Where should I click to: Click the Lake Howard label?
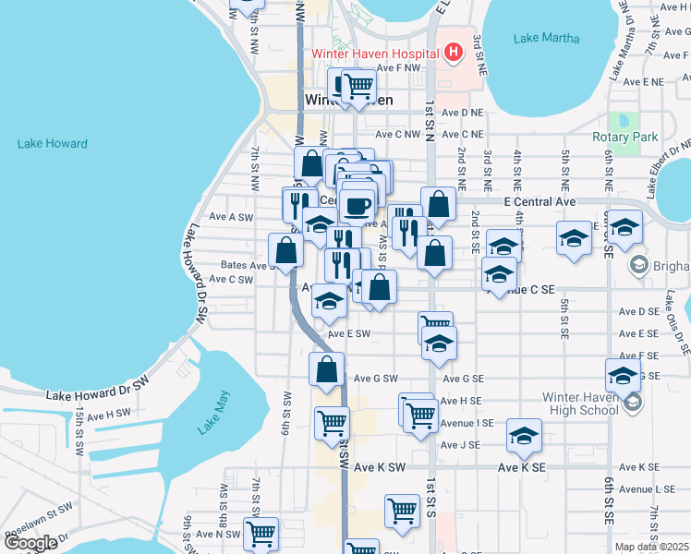click(53, 144)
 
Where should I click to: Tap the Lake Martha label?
click(548, 39)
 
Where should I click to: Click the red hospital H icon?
click(452, 53)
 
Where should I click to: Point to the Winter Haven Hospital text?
click(374, 54)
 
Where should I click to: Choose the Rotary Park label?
click(624, 138)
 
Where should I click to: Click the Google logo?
click(30, 542)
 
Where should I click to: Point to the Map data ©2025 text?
click(652, 547)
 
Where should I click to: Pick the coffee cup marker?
click(357, 205)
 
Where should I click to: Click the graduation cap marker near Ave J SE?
click(524, 435)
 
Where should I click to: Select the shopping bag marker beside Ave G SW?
click(327, 368)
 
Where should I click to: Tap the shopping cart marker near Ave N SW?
click(261, 533)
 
